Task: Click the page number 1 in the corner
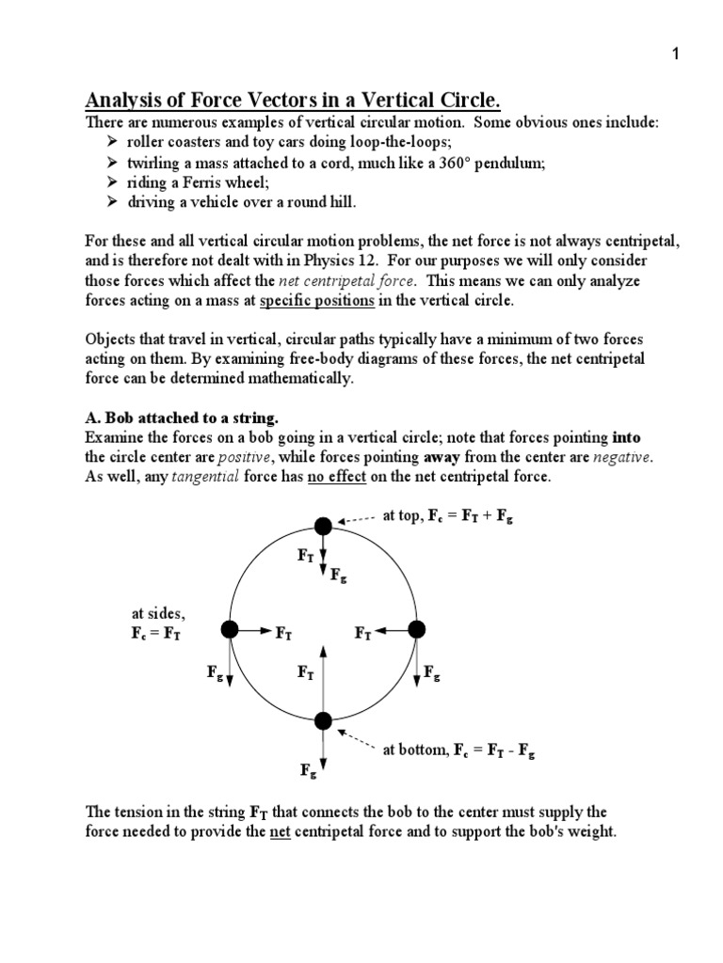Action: tap(674, 55)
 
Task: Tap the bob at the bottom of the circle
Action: tap(323, 721)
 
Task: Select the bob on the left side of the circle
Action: tap(229, 628)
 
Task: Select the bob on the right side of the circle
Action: tap(417, 628)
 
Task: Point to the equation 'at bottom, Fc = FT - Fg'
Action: tap(458, 750)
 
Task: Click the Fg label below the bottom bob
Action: tap(309, 771)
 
